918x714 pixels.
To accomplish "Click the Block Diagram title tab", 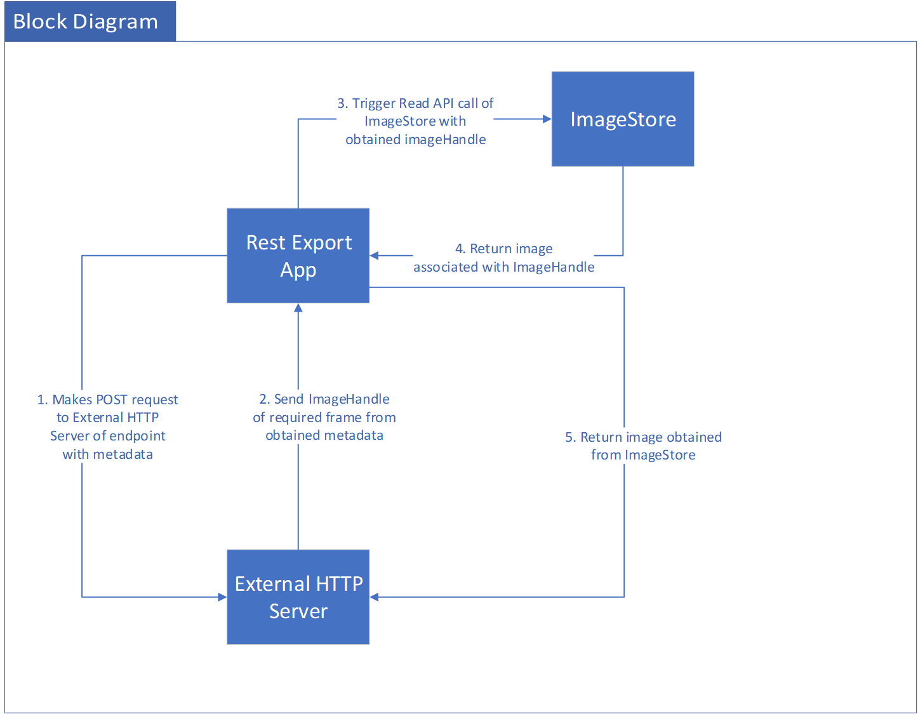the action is pyautogui.click(x=90, y=22).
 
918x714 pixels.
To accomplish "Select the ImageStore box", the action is pyautogui.click(x=622, y=119).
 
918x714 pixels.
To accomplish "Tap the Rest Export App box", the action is pyautogui.click(x=298, y=255).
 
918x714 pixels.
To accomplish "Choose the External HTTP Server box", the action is pyautogui.click(x=298, y=597).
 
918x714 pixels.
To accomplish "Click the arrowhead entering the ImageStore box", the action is pyautogui.click(x=547, y=119).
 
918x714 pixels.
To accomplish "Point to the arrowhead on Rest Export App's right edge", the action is pyautogui.click(x=374, y=255).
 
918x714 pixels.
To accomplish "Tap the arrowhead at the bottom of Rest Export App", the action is pyautogui.click(x=298, y=307).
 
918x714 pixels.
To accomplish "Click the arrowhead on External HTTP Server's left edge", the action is pyautogui.click(x=222, y=597).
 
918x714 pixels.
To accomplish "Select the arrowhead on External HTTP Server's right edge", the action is pyautogui.click(x=374, y=597).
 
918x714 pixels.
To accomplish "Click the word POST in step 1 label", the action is pyautogui.click(x=112, y=399).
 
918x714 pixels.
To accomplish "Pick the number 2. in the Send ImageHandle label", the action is pyautogui.click(x=265, y=399).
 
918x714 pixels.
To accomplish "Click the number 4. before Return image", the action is pyautogui.click(x=460, y=249).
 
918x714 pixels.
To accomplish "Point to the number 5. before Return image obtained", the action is pyautogui.click(x=571, y=437).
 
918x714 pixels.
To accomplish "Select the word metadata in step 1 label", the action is pyautogui.click(x=123, y=454).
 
